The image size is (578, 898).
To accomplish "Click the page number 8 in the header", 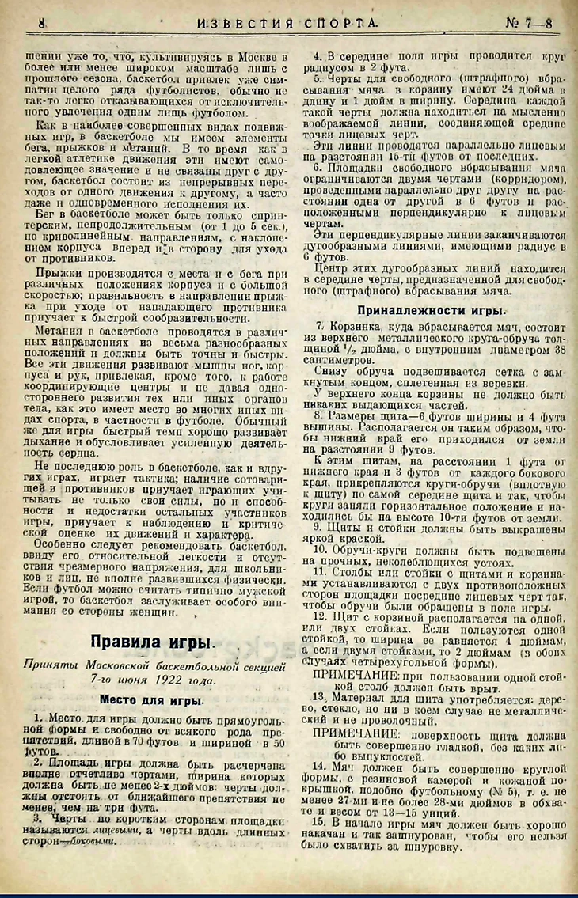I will pos(41,25).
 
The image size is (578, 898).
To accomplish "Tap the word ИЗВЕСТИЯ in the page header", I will pos(245,25).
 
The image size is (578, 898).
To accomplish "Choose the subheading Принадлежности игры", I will pos(433,310).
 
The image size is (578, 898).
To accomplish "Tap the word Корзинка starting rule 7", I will pos(354,327).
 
